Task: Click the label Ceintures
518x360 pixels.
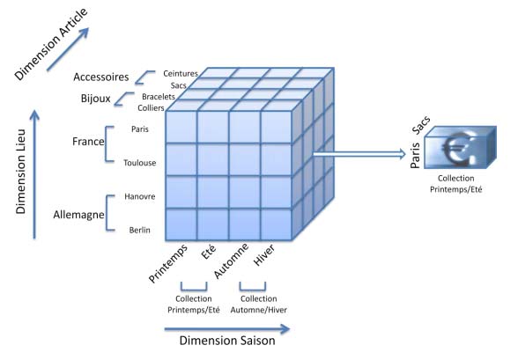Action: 181,74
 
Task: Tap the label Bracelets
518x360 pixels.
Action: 157,97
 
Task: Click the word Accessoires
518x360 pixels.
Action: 101,77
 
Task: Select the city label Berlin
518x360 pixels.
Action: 139,231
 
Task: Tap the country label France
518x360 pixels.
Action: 89,142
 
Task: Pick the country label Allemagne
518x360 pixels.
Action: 77,215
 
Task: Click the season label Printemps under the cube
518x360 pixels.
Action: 168,261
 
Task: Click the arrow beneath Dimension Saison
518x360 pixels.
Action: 226,329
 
